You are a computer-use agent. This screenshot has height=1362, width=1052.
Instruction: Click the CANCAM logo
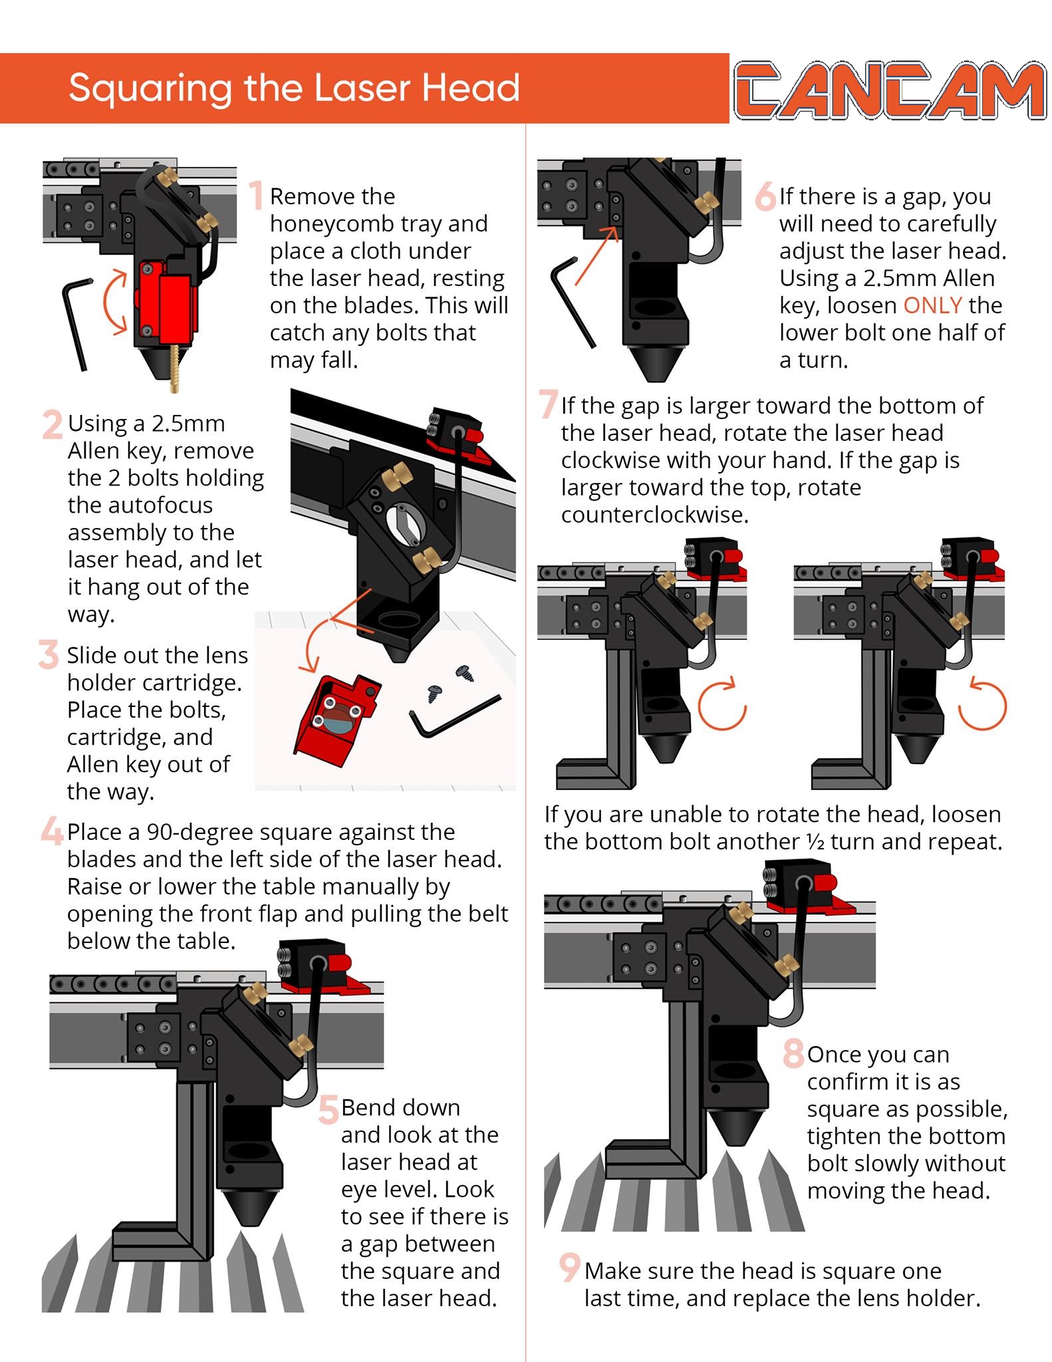(890, 90)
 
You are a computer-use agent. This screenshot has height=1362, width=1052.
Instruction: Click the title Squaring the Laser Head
(294, 88)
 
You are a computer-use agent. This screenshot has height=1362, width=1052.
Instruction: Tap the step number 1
(256, 196)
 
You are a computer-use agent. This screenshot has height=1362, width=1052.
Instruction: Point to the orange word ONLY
(932, 305)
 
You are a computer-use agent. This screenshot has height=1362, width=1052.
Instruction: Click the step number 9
(570, 1268)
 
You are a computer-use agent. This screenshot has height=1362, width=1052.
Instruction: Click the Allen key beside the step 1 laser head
(76, 319)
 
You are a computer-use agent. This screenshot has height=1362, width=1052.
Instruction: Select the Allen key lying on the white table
(454, 716)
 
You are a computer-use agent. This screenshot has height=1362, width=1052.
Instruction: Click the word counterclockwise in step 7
(654, 515)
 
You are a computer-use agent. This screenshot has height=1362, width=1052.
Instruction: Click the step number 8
(793, 1053)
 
